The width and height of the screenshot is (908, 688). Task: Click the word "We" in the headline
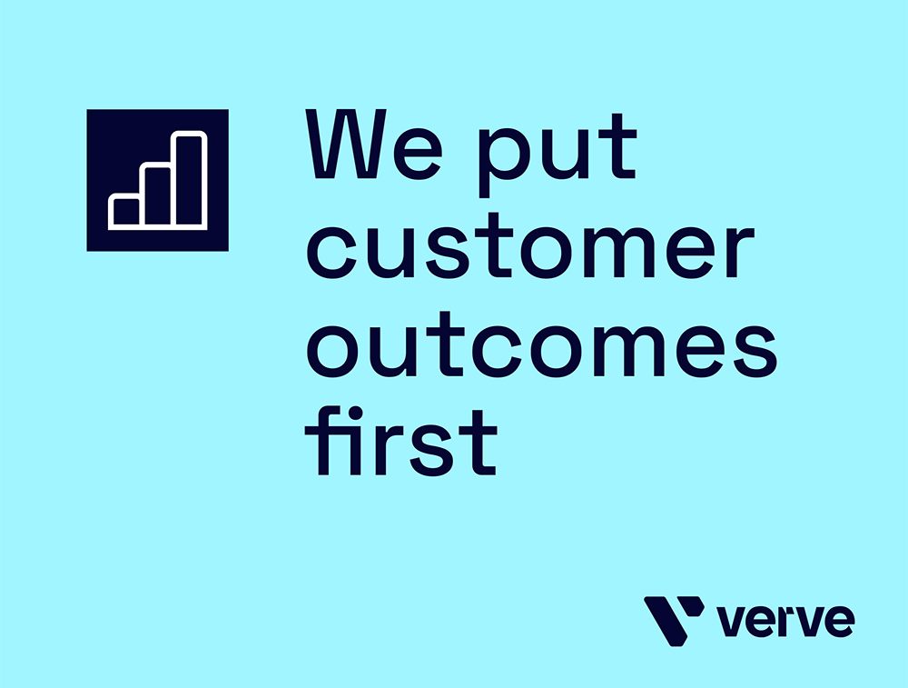coord(374,144)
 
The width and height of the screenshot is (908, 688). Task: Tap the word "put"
coord(558,154)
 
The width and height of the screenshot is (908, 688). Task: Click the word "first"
coord(400,441)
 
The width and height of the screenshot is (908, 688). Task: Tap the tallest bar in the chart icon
coord(190,180)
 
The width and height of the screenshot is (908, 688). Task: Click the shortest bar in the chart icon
coord(125,211)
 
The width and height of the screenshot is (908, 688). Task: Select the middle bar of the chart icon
coord(157,196)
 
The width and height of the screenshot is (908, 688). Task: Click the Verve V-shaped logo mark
coord(674,620)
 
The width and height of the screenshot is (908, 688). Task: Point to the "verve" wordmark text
coord(785,622)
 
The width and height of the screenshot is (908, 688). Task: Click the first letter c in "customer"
coord(331,251)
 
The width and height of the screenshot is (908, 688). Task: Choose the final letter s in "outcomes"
coord(753,351)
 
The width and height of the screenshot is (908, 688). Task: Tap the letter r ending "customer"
coord(736,251)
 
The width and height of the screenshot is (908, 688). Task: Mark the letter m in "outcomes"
coord(620,350)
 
